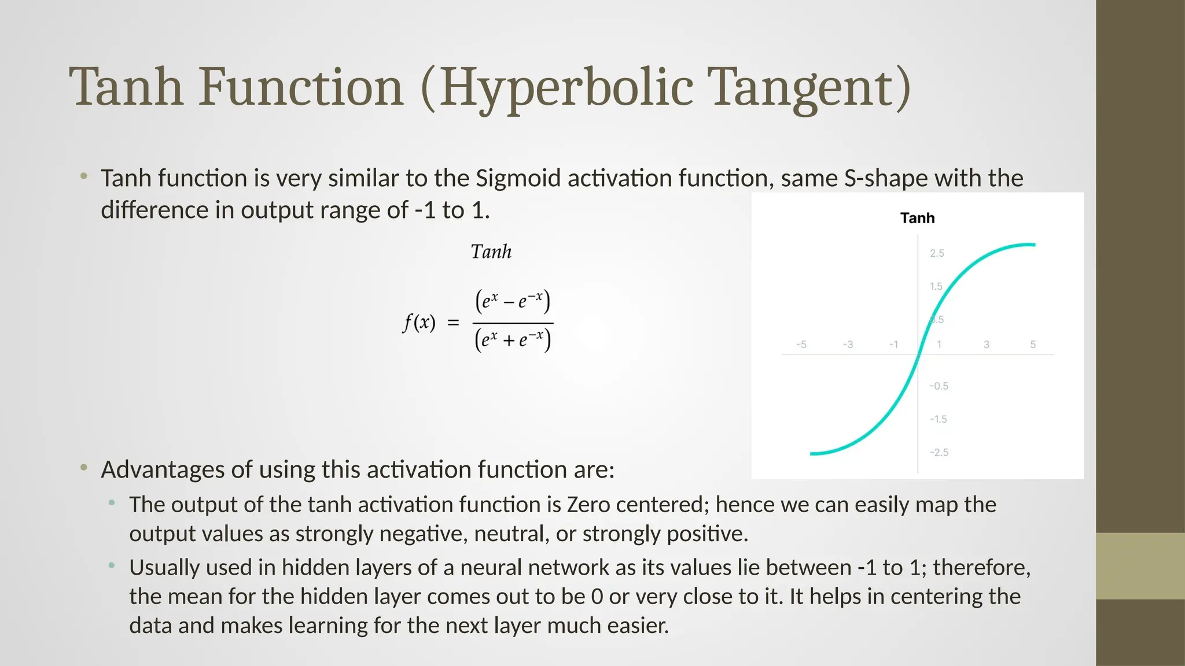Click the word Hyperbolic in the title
(x=566, y=88)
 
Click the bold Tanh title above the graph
(x=917, y=218)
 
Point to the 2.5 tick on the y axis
(x=937, y=253)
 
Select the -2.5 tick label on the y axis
(x=939, y=452)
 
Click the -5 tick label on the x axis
(x=801, y=345)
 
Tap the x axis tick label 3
(x=987, y=345)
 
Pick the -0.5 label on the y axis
(x=939, y=386)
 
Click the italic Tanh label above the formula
(x=491, y=252)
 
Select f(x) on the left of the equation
(x=418, y=322)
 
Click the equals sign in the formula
(x=453, y=323)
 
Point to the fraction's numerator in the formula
(x=513, y=301)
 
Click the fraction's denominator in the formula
(x=513, y=340)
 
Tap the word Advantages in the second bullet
(x=163, y=469)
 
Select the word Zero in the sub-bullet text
(x=588, y=505)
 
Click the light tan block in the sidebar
(x=1140, y=565)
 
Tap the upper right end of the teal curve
(x=1033, y=245)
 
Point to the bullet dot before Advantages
(x=84, y=467)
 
